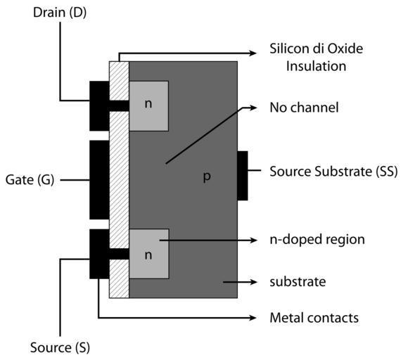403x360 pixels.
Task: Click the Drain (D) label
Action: pos(60,13)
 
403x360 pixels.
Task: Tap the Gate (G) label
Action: pos(30,179)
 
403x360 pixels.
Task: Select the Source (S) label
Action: pos(60,347)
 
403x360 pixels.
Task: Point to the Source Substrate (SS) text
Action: pos(333,172)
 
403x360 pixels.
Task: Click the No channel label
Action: pos(304,108)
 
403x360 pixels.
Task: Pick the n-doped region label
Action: pos(317,240)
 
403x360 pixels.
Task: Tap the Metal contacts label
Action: pos(314,318)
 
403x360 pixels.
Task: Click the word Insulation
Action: pos(316,66)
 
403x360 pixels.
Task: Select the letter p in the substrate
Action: pos(207,177)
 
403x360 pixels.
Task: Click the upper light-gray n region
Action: pos(149,106)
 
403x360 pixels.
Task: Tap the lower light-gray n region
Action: pos(149,254)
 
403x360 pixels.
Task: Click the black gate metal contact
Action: pos(99,180)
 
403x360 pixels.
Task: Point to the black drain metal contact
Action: pos(99,106)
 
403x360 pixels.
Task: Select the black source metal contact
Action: pos(99,254)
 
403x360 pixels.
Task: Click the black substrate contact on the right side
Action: pos(243,176)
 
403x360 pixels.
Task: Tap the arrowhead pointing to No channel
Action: pos(253,108)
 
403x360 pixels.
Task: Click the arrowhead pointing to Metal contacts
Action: pos(253,318)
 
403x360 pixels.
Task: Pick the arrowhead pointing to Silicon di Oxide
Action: pos(253,53)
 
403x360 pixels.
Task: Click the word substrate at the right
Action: pos(298,282)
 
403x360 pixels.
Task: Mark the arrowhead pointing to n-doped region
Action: pos(253,240)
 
